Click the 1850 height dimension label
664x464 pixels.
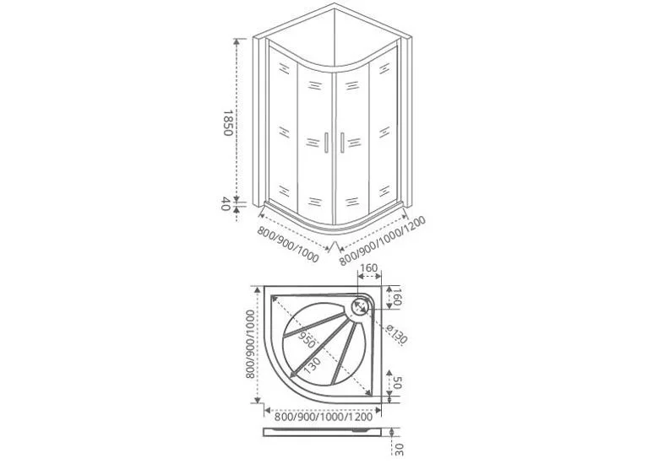(227, 123)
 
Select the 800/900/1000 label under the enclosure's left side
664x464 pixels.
(287, 245)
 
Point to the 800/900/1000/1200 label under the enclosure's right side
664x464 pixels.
(382, 240)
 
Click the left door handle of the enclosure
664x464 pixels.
(326, 143)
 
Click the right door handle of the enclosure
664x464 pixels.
(342, 143)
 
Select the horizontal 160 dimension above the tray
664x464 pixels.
(369, 268)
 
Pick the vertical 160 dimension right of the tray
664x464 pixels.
(396, 297)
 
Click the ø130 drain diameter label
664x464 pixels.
(397, 334)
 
